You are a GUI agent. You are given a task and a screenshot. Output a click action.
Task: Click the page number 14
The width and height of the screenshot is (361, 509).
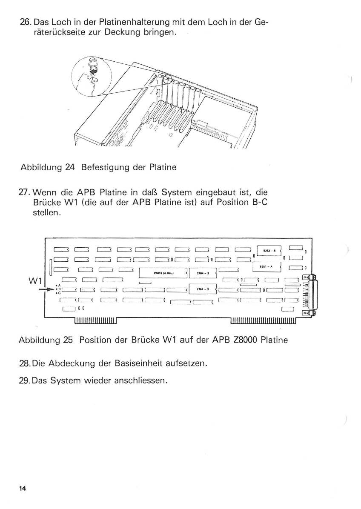pos(23,488)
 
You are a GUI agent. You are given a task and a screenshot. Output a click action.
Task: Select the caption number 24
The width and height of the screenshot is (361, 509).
pos(70,167)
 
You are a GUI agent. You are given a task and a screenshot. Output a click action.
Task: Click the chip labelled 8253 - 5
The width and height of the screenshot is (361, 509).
pos(269,251)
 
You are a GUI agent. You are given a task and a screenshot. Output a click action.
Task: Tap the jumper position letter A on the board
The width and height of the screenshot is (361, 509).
pos(59,286)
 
